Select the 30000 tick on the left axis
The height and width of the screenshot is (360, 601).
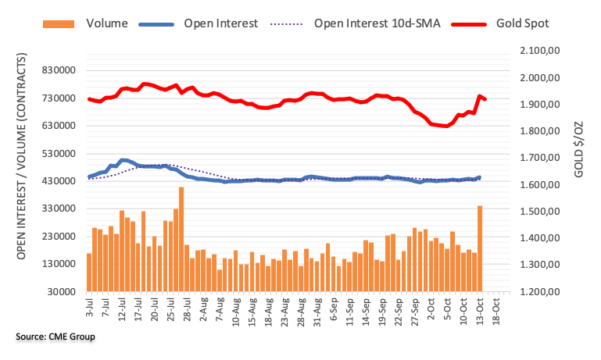coord(66,292)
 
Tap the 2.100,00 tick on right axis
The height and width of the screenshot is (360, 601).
coord(539,51)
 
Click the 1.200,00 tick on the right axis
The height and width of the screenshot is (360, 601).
coord(539,292)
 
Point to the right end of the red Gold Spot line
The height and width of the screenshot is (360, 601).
coord(485,99)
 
